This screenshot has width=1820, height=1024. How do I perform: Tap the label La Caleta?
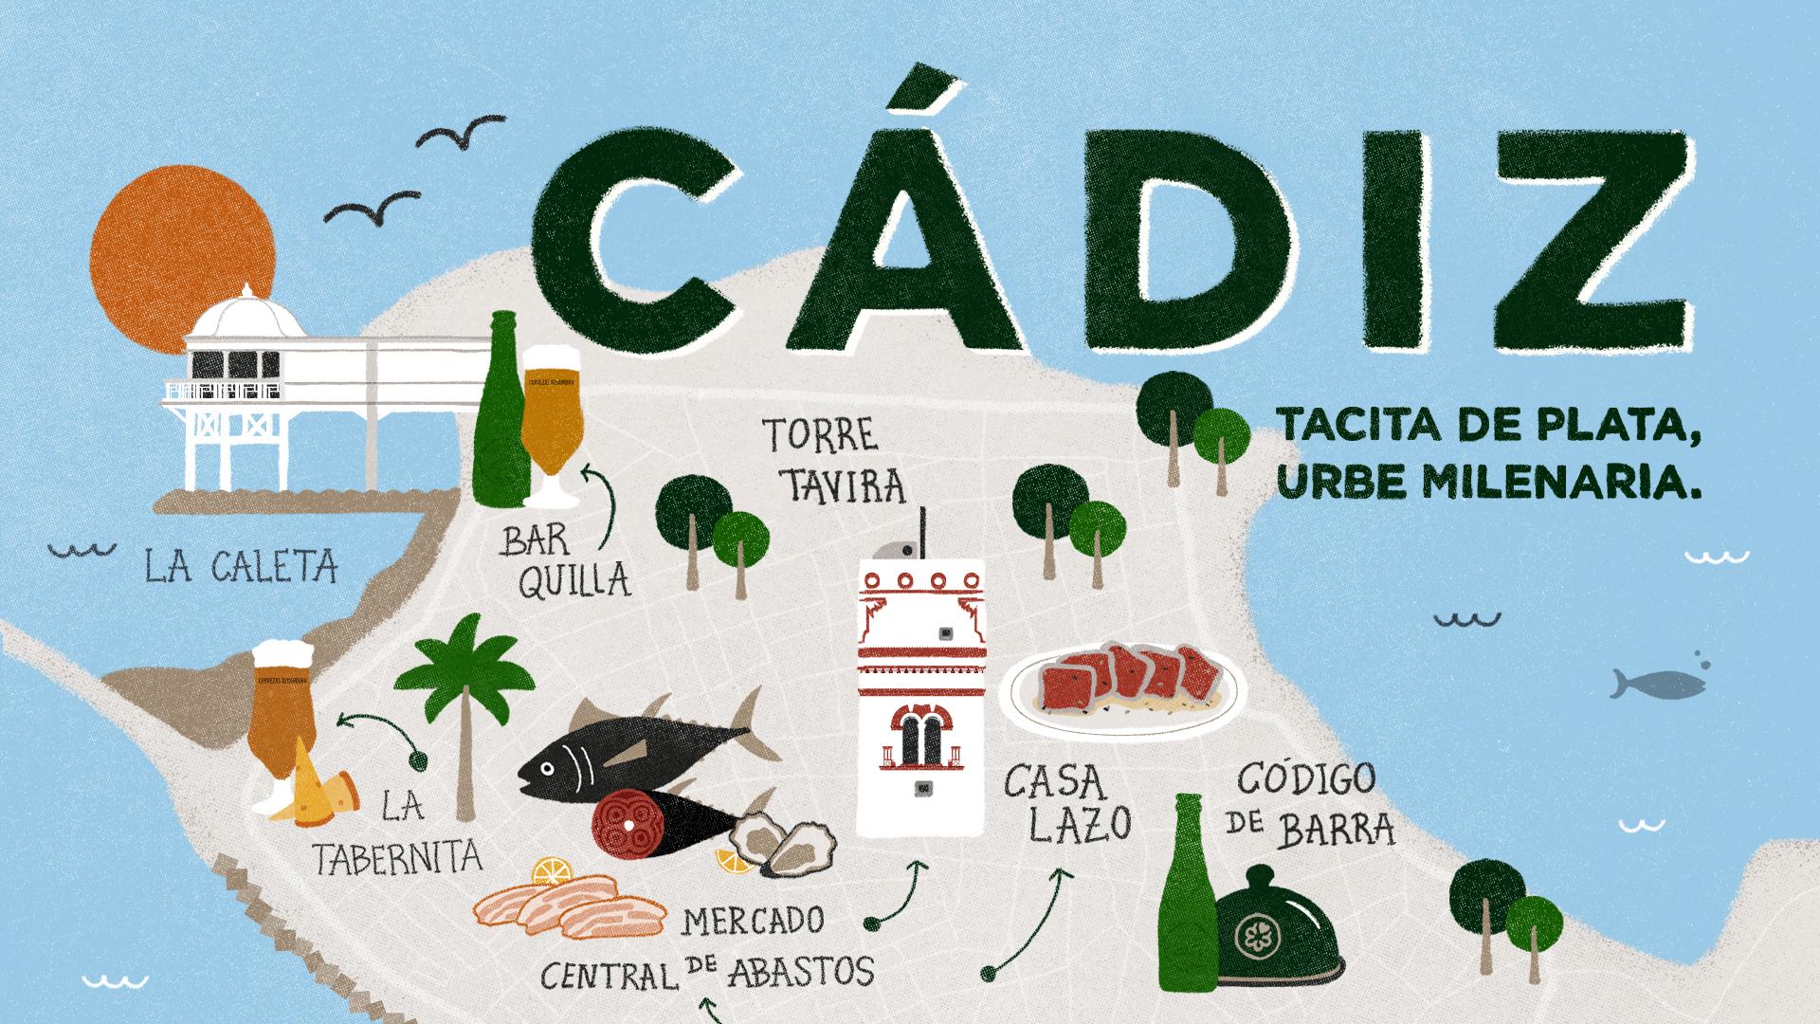coord(241,567)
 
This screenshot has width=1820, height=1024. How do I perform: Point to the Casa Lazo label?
coord(1067,804)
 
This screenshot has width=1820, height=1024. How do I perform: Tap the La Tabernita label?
coord(398,834)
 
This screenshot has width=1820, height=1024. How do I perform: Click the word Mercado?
coord(754,921)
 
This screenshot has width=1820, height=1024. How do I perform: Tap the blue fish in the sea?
coord(1659,684)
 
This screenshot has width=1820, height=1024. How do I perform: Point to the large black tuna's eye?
coord(547,768)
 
